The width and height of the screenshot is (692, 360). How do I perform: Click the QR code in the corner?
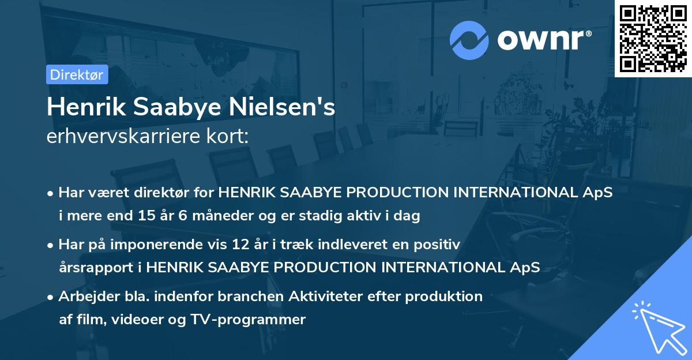(x=653, y=38)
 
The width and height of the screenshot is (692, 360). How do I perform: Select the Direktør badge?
(x=76, y=74)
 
